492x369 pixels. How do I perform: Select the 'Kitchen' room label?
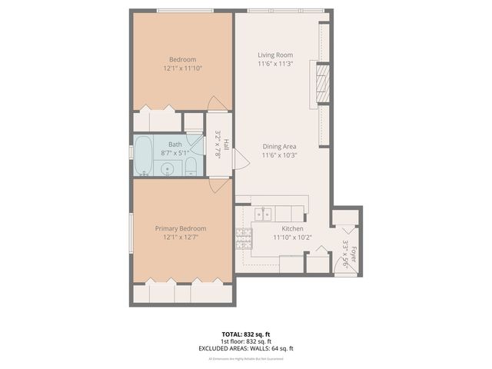tap(293, 229)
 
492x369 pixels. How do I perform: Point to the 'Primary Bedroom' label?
tap(181, 228)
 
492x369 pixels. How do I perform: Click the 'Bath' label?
tap(175, 144)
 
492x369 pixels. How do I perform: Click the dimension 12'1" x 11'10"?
tap(183, 68)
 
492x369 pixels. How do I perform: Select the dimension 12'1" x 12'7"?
tap(181, 238)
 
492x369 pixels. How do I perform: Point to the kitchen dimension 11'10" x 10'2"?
tap(293, 238)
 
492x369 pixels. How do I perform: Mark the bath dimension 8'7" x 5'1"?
tap(175, 153)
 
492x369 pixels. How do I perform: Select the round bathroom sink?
tap(165, 168)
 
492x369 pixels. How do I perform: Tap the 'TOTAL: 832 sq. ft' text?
tap(246, 334)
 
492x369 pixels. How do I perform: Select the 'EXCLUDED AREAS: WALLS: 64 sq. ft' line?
tap(246, 348)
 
